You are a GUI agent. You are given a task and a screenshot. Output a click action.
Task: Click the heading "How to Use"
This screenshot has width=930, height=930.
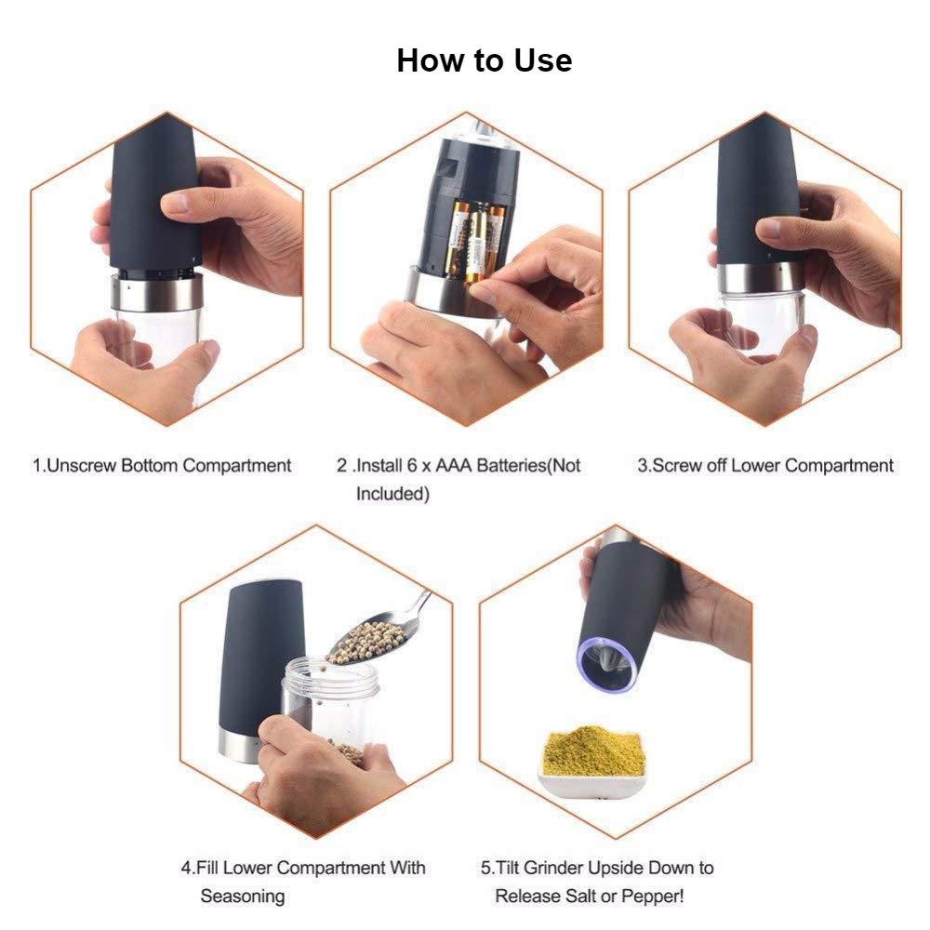tap(484, 60)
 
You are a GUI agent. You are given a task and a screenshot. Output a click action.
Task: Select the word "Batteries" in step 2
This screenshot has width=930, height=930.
tap(511, 466)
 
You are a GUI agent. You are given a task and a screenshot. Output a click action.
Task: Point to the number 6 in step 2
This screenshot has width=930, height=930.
tap(412, 466)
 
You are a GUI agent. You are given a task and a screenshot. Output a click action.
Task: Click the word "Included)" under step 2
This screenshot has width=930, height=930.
tap(392, 494)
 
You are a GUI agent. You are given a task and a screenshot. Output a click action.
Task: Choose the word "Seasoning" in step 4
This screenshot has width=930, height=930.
tap(243, 897)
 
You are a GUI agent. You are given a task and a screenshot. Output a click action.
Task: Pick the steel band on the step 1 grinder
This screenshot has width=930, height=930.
tap(158, 294)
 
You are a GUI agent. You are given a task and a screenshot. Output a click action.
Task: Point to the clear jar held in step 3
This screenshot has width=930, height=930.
tap(765, 320)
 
